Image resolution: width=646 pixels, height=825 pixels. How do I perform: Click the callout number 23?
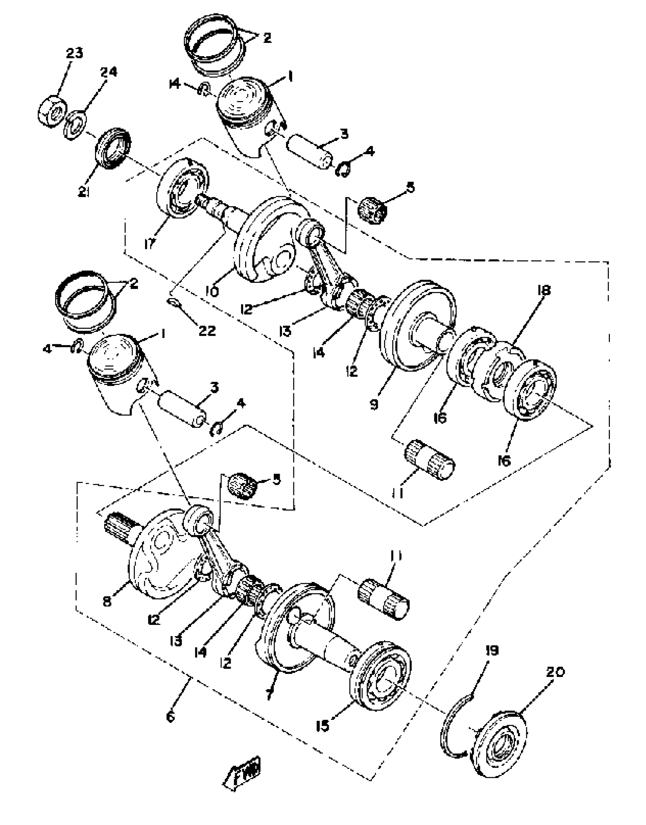tap(74, 53)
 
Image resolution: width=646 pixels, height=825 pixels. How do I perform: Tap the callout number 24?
tap(109, 72)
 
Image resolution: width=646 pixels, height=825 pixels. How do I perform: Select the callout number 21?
tap(84, 192)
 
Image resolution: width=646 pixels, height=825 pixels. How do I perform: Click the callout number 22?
tap(207, 330)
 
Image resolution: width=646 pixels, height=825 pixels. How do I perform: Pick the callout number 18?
tap(544, 290)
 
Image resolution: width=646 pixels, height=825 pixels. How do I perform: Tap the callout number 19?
tap(492, 650)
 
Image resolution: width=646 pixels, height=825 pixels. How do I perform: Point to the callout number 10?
tap(212, 292)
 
